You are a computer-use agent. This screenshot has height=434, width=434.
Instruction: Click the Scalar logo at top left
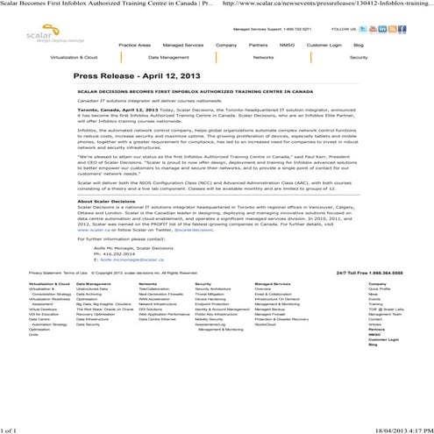[x=32, y=32]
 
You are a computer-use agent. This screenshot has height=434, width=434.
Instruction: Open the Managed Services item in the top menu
[x=183, y=44]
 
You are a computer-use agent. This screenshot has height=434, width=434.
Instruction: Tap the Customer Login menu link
[x=324, y=44]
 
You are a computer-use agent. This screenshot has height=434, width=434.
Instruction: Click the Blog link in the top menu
[x=358, y=44]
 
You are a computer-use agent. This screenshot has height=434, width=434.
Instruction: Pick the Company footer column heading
[x=377, y=284]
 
